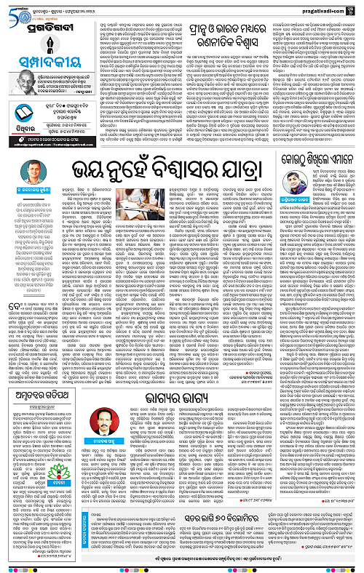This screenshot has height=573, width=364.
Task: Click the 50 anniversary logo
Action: (9, 7)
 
